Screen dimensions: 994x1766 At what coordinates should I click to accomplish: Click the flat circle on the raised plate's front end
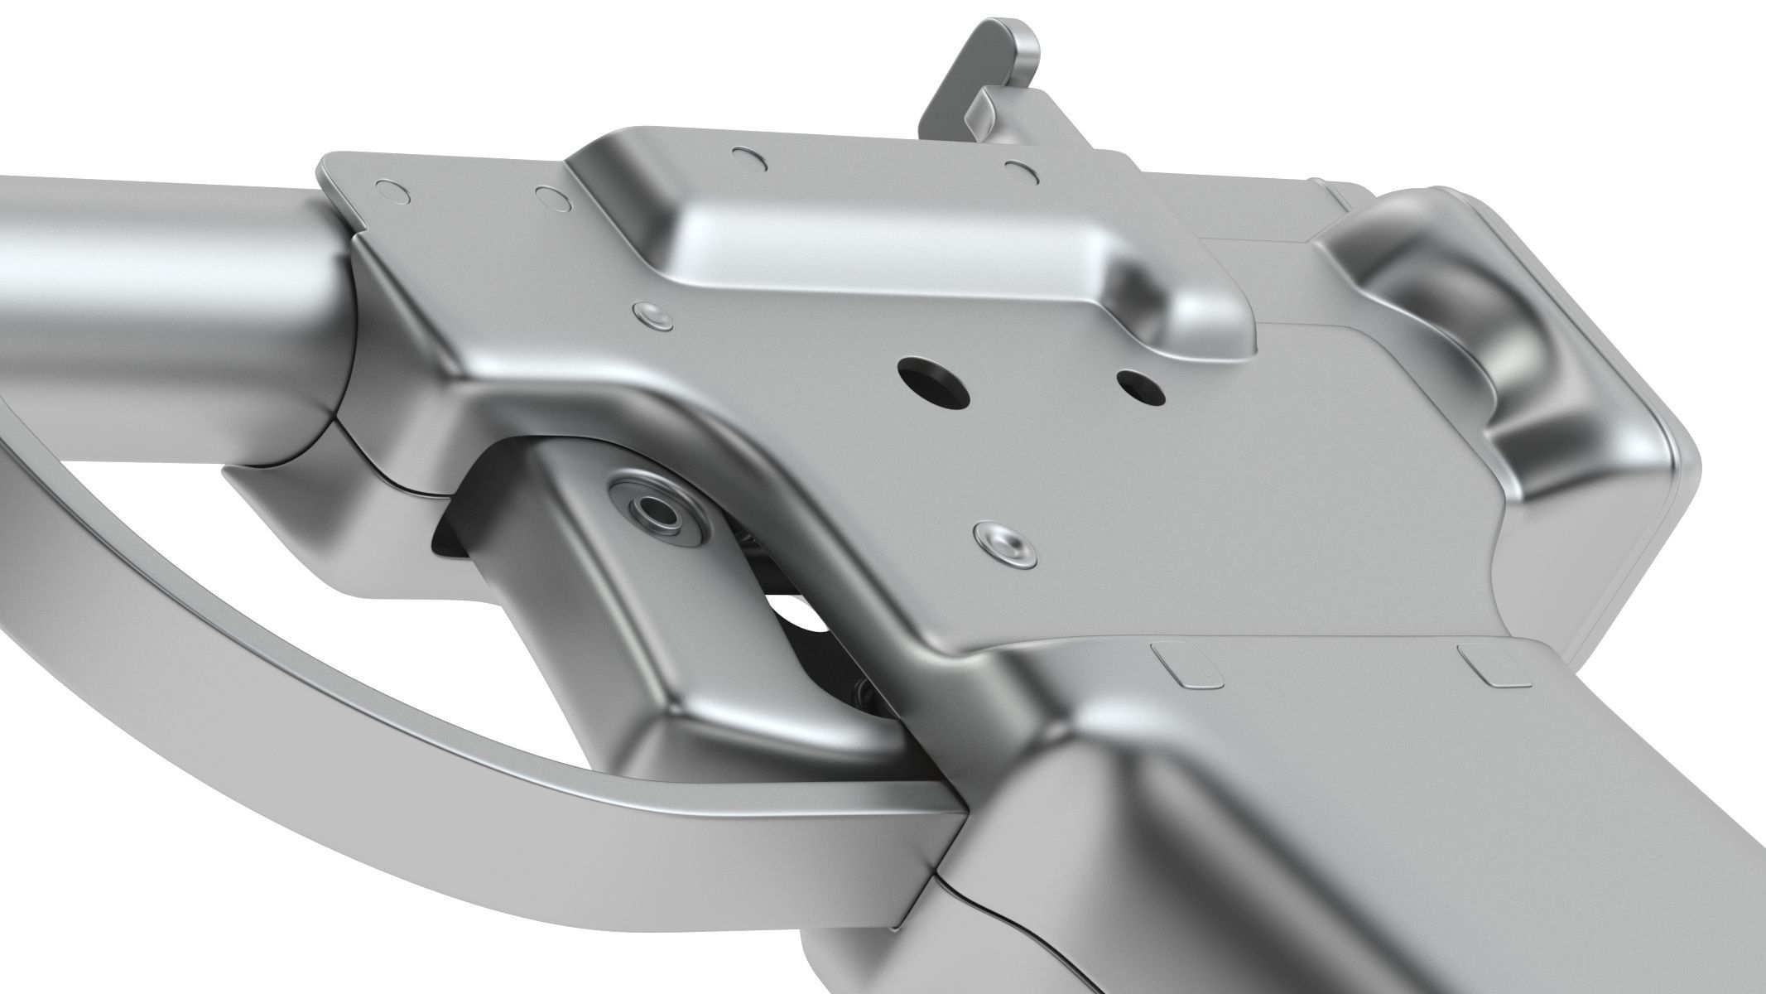(747, 154)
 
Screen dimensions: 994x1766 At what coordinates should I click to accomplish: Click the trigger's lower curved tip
(745, 729)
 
